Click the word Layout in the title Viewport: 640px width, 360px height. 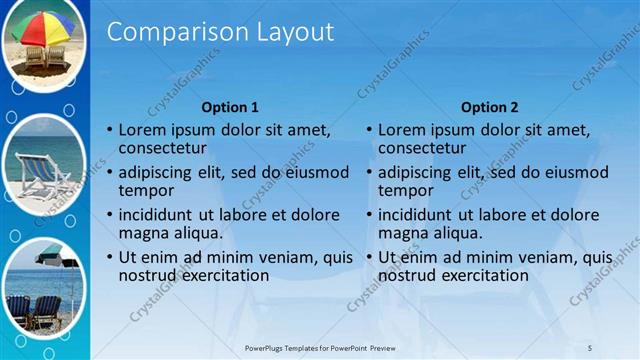(298, 32)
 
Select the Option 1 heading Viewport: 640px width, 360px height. (230, 107)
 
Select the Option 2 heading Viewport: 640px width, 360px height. (490, 107)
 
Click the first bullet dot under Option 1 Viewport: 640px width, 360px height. (110, 131)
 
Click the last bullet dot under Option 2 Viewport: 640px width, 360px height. (370, 258)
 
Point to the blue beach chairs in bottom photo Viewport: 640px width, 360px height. (35, 310)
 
